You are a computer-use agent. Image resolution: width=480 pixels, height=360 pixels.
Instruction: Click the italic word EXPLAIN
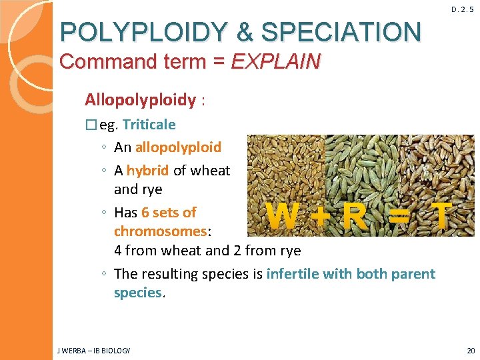click(275, 62)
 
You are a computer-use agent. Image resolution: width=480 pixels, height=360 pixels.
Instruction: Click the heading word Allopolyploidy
click(140, 100)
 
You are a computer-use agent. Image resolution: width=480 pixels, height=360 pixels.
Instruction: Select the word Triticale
click(149, 125)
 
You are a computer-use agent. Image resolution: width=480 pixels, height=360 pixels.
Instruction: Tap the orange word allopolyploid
click(178, 147)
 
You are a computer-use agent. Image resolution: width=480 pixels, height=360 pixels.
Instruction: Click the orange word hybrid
click(147, 170)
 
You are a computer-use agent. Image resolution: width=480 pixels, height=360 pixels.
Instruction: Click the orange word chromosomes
click(161, 231)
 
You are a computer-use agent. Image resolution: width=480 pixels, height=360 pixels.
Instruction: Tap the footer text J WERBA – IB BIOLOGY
click(95, 350)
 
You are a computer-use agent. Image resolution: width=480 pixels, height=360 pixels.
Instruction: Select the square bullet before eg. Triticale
click(91, 125)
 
